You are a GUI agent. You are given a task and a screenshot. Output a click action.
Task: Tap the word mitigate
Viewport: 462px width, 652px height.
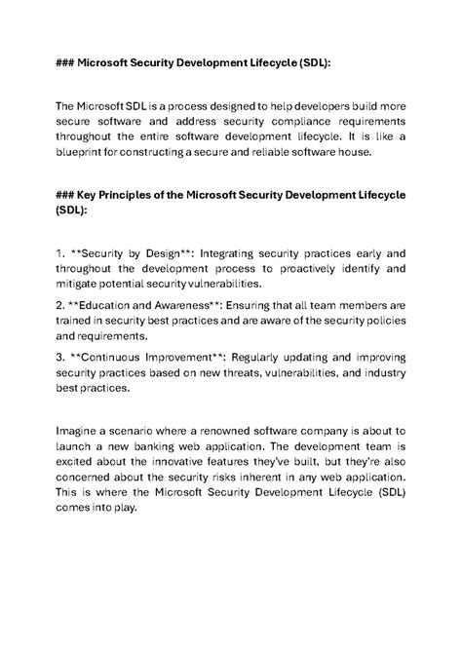(x=81, y=285)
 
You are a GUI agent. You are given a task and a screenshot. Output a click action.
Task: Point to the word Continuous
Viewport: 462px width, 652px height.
(x=116, y=355)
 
